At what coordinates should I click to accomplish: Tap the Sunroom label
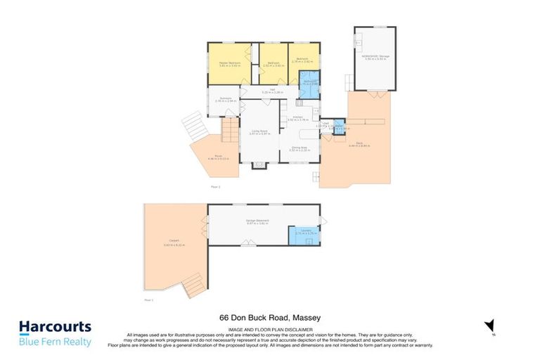point(225,100)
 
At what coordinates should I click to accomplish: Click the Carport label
point(168,244)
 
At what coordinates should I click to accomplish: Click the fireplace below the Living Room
point(259,165)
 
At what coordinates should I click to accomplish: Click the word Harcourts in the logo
point(55,327)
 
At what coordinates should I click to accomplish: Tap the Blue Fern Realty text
point(55,342)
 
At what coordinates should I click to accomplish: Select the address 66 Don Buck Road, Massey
point(270,319)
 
